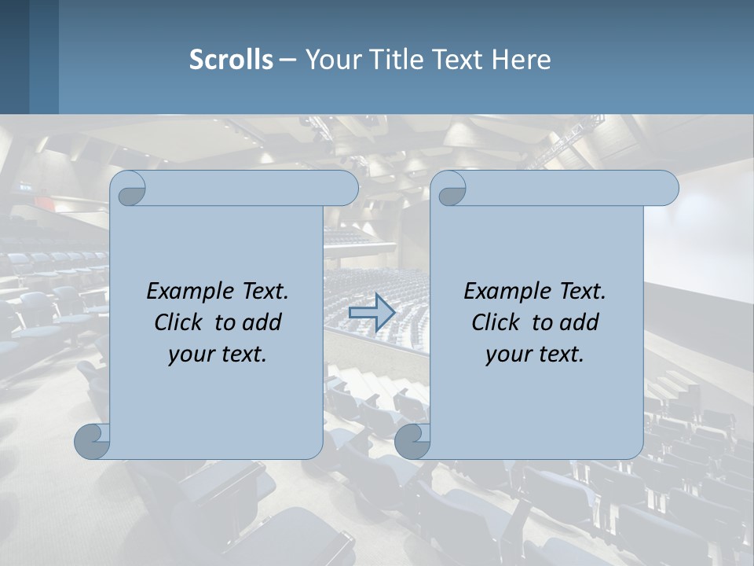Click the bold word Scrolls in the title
click(231, 60)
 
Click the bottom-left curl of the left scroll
click(92, 441)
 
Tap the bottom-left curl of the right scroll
click(412, 441)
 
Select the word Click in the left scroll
click(178, 322)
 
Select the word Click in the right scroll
click(496, 322)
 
